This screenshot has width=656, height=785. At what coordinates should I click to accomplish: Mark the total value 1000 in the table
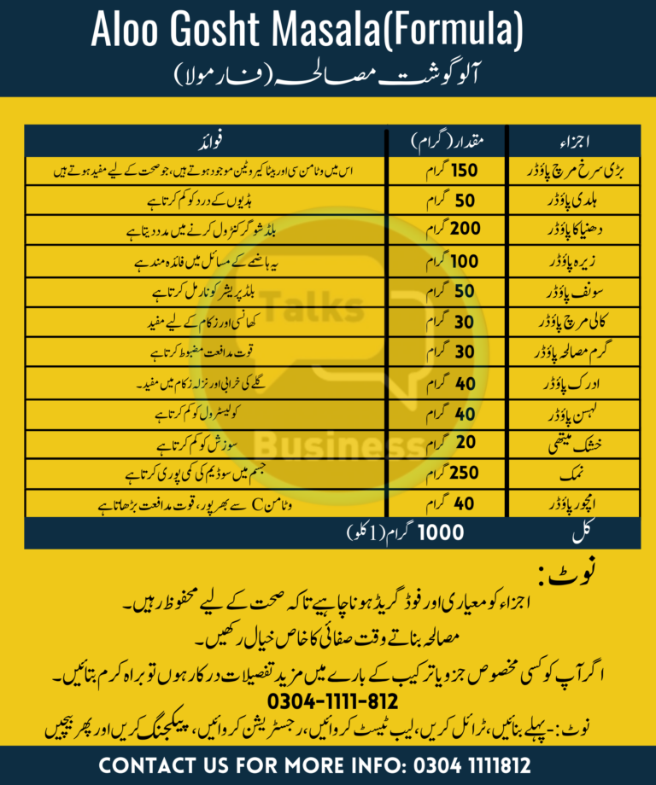(441, 533)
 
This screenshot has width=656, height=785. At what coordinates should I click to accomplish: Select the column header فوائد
(208, 139)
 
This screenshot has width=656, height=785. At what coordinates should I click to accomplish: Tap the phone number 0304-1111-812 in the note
(327, 701)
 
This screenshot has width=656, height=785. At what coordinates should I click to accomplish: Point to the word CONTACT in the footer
(155, 765)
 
